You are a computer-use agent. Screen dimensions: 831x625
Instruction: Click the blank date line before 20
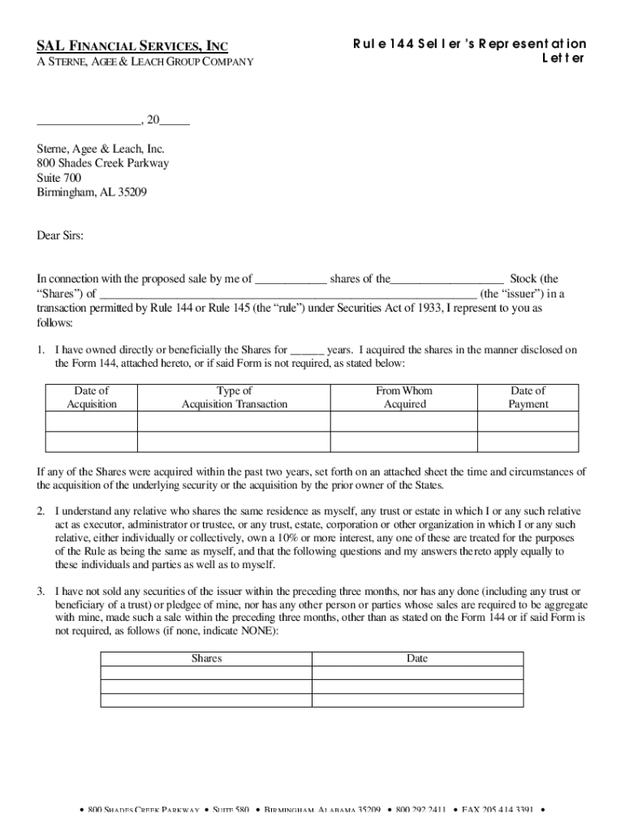tap(88, 123)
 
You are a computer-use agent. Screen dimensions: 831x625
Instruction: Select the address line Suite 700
tap(59, 178)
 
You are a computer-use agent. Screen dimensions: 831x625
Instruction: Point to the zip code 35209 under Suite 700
tap(131, 192)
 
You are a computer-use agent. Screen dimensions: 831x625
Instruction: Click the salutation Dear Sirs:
tap(60, 235)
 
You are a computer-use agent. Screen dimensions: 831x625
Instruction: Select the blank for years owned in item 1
tap(307, 351)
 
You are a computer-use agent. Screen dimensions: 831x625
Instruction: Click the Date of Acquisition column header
tap(92, 398)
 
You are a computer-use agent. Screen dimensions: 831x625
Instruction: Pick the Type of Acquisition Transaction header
tap(235, 398)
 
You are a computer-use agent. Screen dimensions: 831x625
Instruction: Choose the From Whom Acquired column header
tap(404, 398)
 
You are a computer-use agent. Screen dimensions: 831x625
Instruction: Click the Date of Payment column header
tap(528, 398)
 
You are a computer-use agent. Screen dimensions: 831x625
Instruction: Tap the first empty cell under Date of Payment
tap(528, 421)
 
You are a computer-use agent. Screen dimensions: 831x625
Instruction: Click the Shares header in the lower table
tap(206, 659)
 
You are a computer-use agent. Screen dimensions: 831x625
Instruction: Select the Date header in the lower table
tap(417, 659)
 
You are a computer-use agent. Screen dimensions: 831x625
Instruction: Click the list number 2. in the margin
tap(41, 511)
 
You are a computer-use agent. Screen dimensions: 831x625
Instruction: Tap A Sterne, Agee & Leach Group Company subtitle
tap(145, 62)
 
